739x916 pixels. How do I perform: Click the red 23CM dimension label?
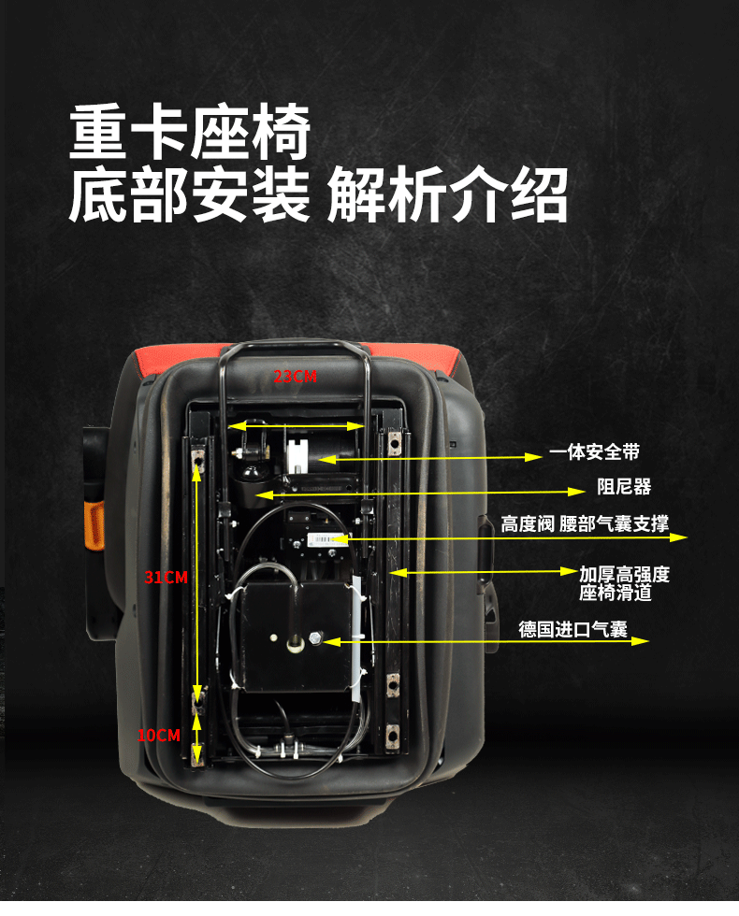pos(295,377)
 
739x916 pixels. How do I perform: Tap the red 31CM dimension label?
pos(166,578)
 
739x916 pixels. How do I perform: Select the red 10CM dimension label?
pos(158,736)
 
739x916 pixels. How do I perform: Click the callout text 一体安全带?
pos(594,452)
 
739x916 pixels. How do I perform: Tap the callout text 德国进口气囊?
pos(572,629)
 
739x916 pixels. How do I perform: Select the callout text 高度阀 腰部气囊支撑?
pos(584,523)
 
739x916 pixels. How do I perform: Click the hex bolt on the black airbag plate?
pos(314,640)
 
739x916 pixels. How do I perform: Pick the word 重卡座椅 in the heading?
pos(189,134)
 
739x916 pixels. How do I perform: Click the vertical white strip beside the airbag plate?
pos(357,636)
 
